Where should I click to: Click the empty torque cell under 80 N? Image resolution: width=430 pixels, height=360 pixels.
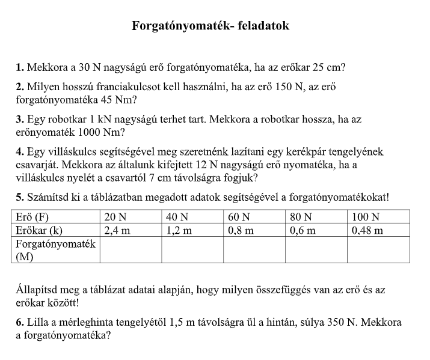[316, 249]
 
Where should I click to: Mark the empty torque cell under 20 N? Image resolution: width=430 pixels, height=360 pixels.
[130, 249]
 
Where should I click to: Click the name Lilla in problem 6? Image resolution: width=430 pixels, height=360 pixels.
[37, 323]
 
